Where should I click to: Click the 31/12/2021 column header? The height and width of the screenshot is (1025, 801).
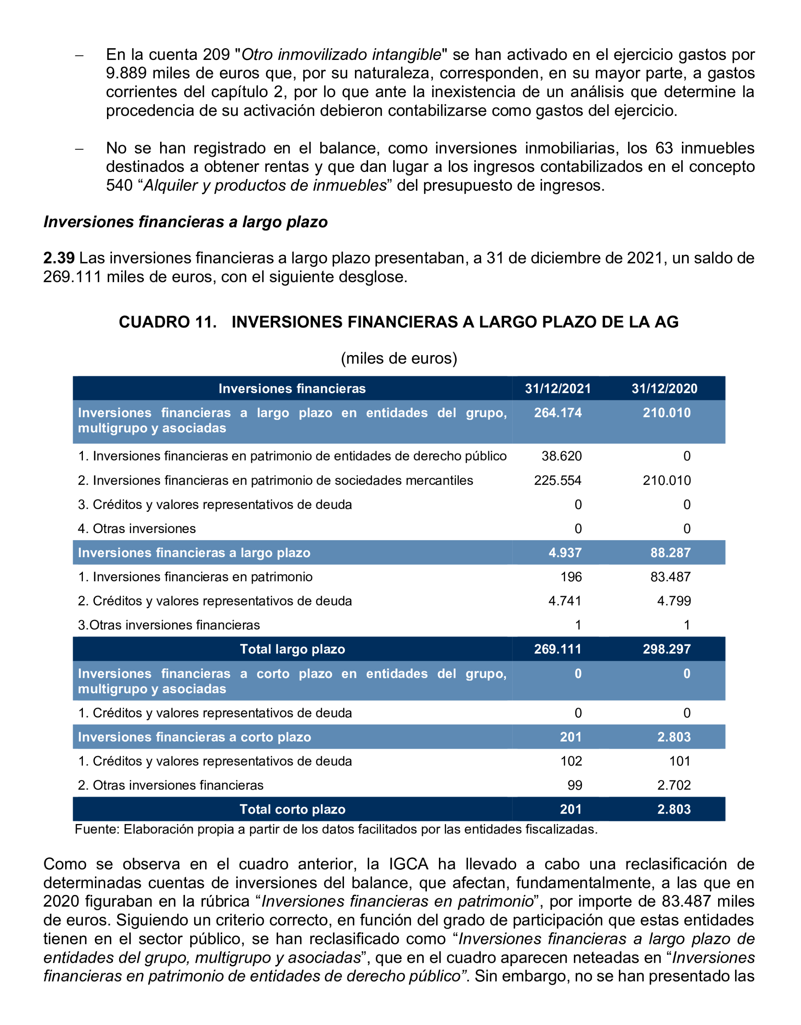(558, 389)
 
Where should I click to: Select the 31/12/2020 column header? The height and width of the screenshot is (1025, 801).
(664, 389)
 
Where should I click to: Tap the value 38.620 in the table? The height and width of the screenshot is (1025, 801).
(561, 456)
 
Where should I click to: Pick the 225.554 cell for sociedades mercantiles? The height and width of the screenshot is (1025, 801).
(558, 481)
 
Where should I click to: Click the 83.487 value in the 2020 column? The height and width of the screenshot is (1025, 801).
(670, 577)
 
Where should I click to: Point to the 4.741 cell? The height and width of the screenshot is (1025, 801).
(565, 601)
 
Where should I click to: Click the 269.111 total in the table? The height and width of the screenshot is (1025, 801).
(558, 649)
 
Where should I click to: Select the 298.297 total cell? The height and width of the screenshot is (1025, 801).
(666, 649)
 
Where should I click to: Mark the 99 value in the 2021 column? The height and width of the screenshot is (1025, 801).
(575, 785)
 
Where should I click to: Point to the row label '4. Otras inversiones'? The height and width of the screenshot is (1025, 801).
(136, 529)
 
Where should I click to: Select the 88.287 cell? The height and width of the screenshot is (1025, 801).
(670, 553)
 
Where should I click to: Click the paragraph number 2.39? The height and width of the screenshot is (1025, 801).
(59, 258)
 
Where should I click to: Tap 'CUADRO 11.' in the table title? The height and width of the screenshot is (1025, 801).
(167, 322)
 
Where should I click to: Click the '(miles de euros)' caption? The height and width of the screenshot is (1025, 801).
(399, 358)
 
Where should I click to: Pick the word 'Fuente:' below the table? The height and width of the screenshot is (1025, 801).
(98, 829)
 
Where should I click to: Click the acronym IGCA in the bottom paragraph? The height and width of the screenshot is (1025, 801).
(408, 864)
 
